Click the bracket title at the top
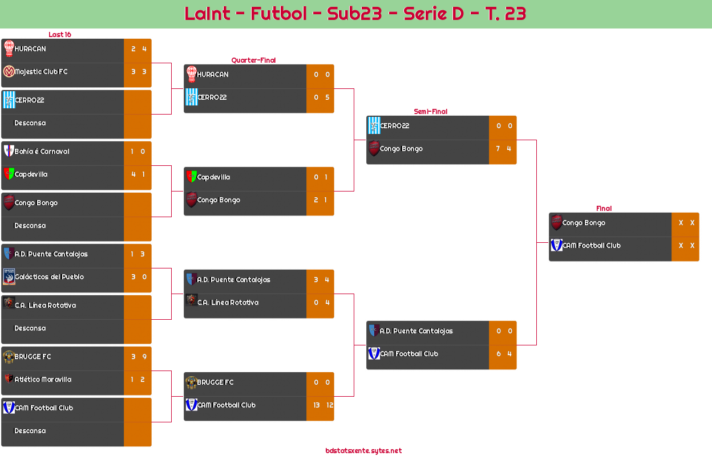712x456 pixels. coord(355,14)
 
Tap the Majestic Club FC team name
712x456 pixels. coord(41,72)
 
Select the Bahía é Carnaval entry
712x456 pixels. coord(42,152)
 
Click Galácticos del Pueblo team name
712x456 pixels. coord(49,277)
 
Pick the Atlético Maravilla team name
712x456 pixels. coord(43,380)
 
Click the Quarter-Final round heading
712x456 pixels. coord(253,60)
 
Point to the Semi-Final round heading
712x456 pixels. coord(430,111)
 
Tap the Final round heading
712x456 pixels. coord(603,209)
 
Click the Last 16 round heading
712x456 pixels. coord(59,34)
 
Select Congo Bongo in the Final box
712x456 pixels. coord(584,223)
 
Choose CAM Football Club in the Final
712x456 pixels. coord(591,246)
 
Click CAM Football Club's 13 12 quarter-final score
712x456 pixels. coord(322,405)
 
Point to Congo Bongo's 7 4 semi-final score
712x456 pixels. coord(503,149)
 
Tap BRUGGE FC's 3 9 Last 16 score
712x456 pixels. coord(138,357)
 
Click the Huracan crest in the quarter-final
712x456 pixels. coord(191,74)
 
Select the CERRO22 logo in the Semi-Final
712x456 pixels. coord(374,125)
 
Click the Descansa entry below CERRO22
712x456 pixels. coord(30,123)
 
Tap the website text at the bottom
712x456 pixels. coord(363,450)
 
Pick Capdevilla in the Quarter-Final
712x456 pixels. coord(213,177)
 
